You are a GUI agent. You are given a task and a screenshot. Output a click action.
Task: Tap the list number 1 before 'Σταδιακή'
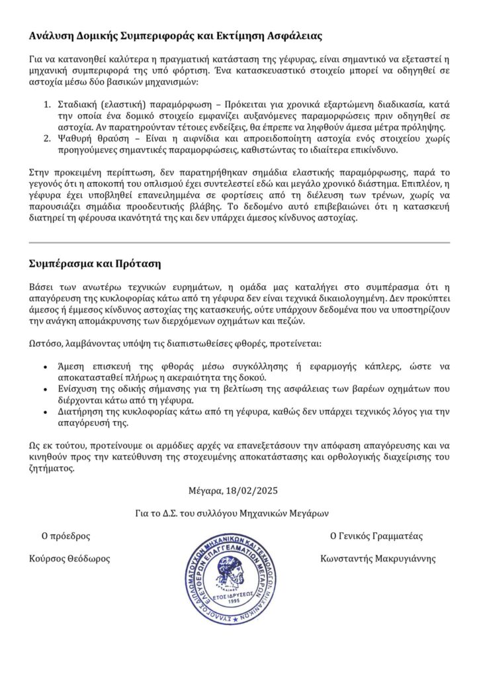point(47,105)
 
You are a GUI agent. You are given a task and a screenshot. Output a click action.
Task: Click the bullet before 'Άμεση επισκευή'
point(44,366)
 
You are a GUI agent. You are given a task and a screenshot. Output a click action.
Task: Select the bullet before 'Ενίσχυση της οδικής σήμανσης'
point(44,389)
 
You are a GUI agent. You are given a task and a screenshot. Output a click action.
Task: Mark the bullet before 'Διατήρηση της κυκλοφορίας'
point(44,412)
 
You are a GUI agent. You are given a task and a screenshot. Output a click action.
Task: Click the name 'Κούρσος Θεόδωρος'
point(69,558)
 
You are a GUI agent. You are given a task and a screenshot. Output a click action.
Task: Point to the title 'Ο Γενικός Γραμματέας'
point(376,536)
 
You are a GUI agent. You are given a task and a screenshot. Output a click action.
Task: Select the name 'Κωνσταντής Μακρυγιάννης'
point(378,558)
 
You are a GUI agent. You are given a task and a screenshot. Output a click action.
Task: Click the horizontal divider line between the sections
point(239,242)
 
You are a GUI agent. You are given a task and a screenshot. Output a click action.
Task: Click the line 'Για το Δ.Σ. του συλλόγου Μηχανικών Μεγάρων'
point(231,513)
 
